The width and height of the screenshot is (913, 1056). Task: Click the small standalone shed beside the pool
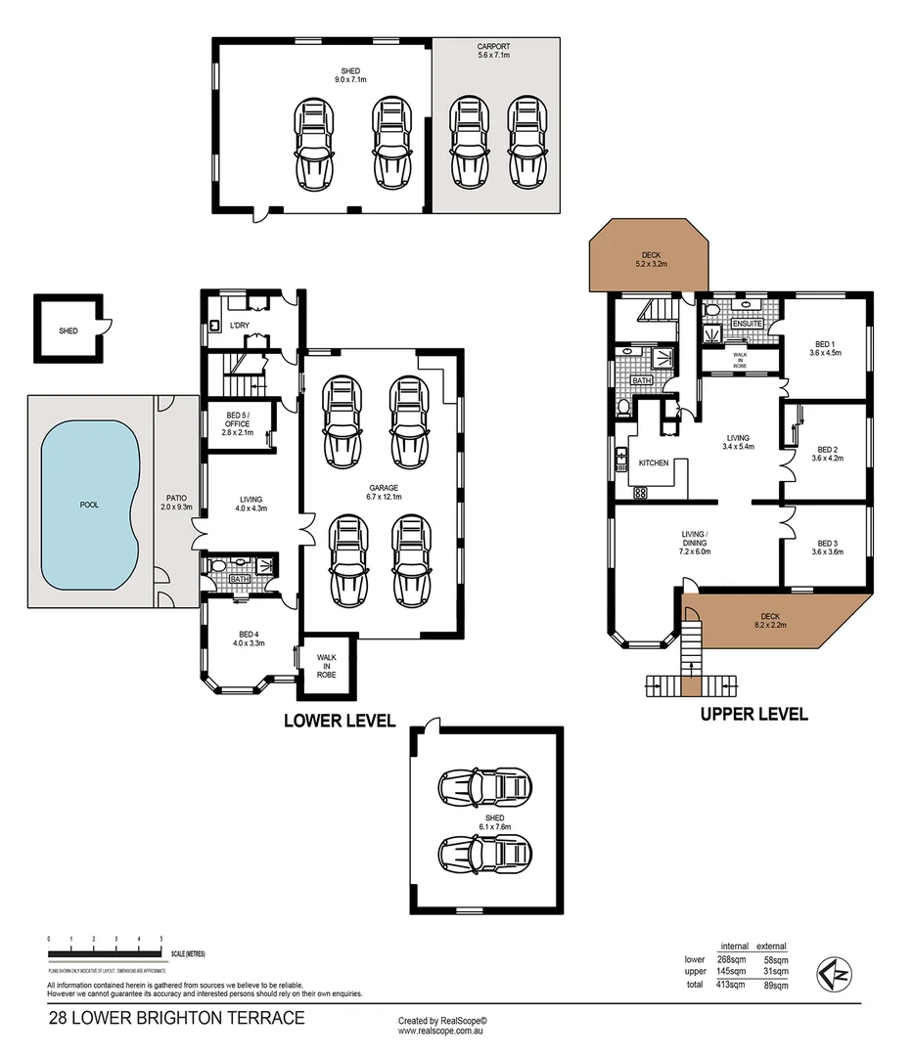[x=68, y=330]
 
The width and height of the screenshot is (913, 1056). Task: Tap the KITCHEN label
[x=653, y=462]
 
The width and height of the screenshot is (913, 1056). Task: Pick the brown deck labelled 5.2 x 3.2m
[x=645, y=260]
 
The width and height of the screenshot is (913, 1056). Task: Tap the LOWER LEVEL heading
[x=339, y=722]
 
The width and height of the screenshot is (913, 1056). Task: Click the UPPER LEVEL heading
[x=753, y=715]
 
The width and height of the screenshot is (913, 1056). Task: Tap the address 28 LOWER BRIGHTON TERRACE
[x=176, y=1018]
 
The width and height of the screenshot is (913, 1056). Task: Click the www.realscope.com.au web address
[x=442, y=1031]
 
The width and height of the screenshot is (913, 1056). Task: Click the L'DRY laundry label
[x=239, y=324]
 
